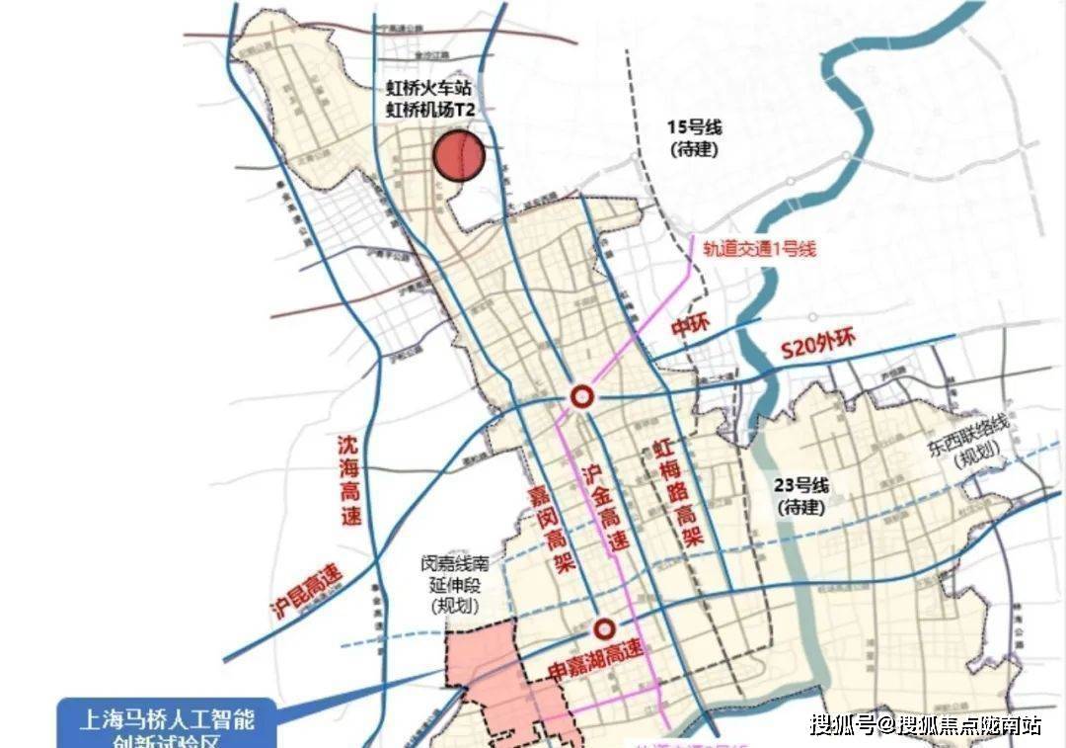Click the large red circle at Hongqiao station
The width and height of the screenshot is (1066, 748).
[x=458, y=157]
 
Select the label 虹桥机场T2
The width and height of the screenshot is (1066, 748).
[x=431, y=111]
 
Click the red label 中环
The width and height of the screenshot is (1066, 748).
[x=691, y=327]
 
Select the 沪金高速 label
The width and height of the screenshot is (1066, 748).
[x=603, y=507]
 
